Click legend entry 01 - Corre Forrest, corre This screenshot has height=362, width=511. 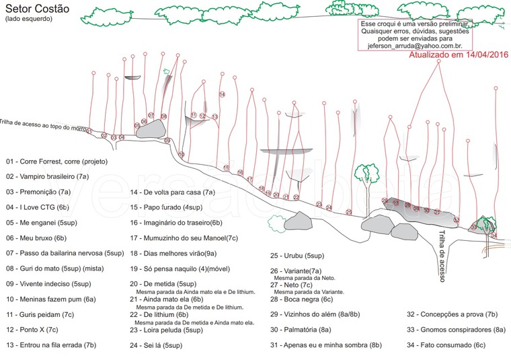pyautogui.click(x=56, y=161)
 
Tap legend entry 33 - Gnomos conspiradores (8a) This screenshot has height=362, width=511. pyautogui.click(x=456, y=329)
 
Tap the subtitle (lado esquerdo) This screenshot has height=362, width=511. pyautogui.click(x=24, y=19)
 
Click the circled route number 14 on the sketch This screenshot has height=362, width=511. pyautogui.click(x=222, y=94)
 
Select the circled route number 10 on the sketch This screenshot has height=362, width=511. pyautogui.click(x=182, y=155)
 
